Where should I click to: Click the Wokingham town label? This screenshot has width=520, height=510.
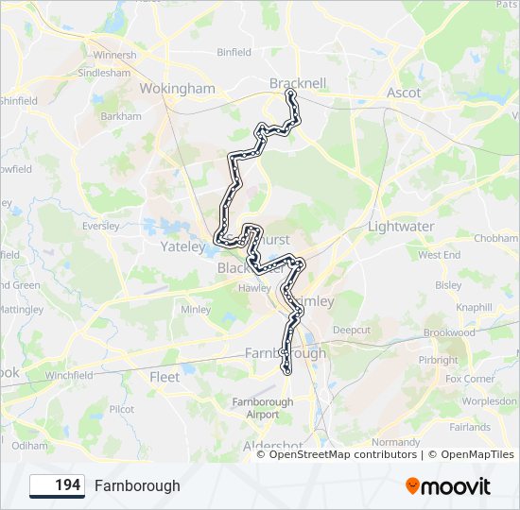[x=177, y=89]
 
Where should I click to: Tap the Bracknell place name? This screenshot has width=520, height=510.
[x=298, y=83]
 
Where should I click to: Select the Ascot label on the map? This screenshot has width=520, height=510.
[x=404, y=93]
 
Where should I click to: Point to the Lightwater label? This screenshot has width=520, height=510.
[x=401, y=227]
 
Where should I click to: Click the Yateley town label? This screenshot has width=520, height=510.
[x=182, y=247]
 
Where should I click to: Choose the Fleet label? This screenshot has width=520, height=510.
[x=165, y=377]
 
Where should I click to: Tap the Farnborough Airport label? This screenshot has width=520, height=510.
[x=263, y=408]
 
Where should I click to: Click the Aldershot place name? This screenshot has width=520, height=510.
[x=272, y=446]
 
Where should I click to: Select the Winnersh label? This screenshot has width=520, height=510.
[x=113, y=55]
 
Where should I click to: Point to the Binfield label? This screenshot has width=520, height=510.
[x=234, y=53]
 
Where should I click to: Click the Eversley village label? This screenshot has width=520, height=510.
[x=101, y=227]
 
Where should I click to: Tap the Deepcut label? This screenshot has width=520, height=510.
[x=351, y=331]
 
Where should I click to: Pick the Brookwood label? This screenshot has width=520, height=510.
[x=449, y=333]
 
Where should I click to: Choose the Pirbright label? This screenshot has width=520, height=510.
[x=438, y=360]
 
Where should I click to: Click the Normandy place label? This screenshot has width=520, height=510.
[x=396, y=441]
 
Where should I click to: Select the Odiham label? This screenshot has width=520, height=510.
[x=29, y=445]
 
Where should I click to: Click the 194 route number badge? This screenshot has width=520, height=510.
[x=58, y=485]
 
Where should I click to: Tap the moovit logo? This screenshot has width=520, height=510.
[x=448, y=486]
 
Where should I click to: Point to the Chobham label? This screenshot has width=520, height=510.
[x=496, y=238]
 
